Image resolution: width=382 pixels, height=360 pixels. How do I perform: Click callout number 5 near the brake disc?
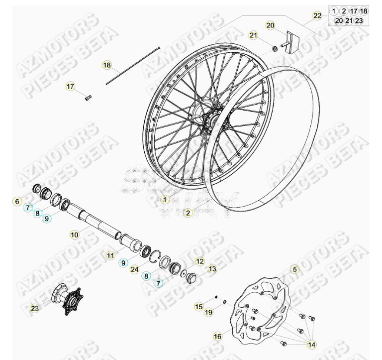click(x=295, y=269)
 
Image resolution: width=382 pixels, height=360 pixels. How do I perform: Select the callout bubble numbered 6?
click(x=17, y=202)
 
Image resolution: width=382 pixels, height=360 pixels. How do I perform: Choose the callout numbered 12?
click(x=199, y=261)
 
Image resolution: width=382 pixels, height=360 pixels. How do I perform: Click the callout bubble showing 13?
click(x=212, y=269)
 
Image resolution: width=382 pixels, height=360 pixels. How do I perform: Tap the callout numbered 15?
click(x=199, y=307)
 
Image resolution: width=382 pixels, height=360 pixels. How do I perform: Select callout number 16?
click(x=217, y=337)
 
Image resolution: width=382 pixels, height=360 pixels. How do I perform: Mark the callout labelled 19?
click(x=208, y=312)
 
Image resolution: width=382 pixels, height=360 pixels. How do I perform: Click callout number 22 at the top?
click(x=317, y=16)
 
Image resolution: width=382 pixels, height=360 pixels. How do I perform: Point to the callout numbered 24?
click(x=134, y=269)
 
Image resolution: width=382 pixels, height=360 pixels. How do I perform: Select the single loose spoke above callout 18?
click(x=132, y=65)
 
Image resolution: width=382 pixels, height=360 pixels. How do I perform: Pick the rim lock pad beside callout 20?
click(x=292, y=40)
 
